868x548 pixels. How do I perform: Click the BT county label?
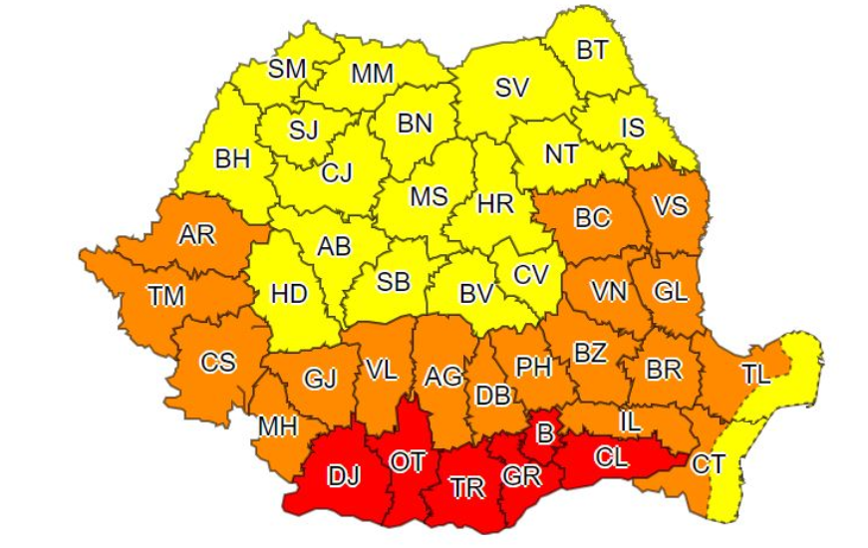coord(592,50)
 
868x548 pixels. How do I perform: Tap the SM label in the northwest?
coord(288,69)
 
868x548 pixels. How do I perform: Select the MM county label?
coord(372,73)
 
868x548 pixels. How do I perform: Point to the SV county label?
coord(511,88)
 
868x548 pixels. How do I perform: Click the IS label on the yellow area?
coord(633,128)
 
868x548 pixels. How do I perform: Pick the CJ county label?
coord(336,172)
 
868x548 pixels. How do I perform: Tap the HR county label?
coord(495,204)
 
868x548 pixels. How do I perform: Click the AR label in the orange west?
coord(194,235)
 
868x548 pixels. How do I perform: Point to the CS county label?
coord(218,362)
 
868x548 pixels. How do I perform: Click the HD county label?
coord(290,295)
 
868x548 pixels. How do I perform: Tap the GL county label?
coord(671,292)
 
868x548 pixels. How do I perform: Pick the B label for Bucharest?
coord(545,434)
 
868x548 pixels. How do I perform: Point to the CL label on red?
coord(613,460)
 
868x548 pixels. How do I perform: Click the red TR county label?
coord(466,487)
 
